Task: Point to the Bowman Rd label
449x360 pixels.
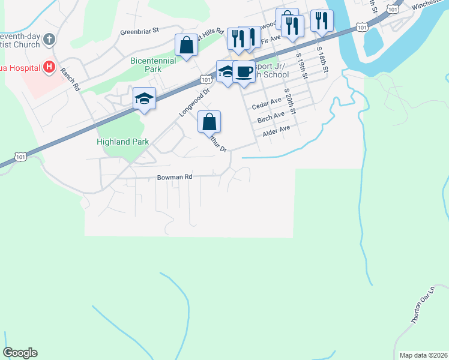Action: (x=174, y=177)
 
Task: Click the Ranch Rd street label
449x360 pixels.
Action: (x=70, y=79)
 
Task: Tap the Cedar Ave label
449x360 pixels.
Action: (x=267, y=104)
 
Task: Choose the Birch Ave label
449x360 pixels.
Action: (x=270, y=116)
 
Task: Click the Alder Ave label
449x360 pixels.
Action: (x=276, y=128)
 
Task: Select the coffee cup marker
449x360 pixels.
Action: (x=244, y=71)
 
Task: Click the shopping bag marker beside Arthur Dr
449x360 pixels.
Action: (x=209, y=122)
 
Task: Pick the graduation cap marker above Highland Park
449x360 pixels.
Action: (x=144, y=98)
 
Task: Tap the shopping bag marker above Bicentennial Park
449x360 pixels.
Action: (x=186, y=45)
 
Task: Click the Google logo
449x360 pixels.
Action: (x=20, y=353)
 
